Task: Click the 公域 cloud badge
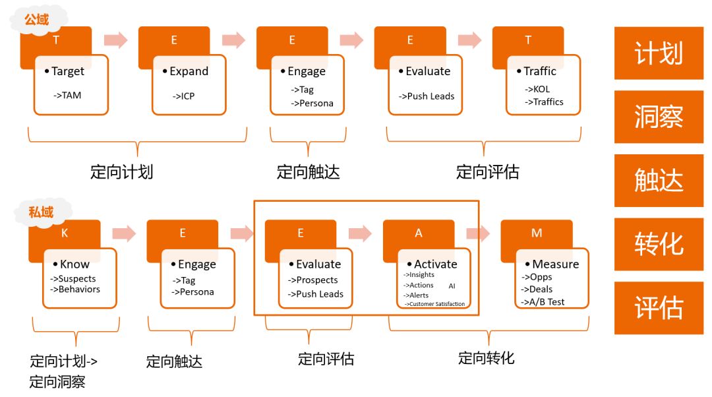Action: (x=36, y=20)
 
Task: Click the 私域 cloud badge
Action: (x=40, y=212)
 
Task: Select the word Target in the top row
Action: (x=68, y=71)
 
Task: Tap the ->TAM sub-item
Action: (x=67, y=95)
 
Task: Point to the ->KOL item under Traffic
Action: (x=537, y=89)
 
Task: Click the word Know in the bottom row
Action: (x=74, y=264)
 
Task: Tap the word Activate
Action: (x=435, y=264)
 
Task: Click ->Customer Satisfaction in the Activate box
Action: (x=434, y=304)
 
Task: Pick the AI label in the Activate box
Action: (x=452, y=286)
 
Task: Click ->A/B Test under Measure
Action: (x=543, y=302)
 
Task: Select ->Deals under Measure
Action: (x=537, y=289)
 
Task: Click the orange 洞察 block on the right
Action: (x=658, y=117)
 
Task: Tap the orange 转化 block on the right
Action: (x=658, y=244)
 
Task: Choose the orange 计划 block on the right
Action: (x=658, y=53)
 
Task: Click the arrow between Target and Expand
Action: (x=116, y=40)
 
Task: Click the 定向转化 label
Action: (x=487, y=358)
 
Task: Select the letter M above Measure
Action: (x=537, y=233)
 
